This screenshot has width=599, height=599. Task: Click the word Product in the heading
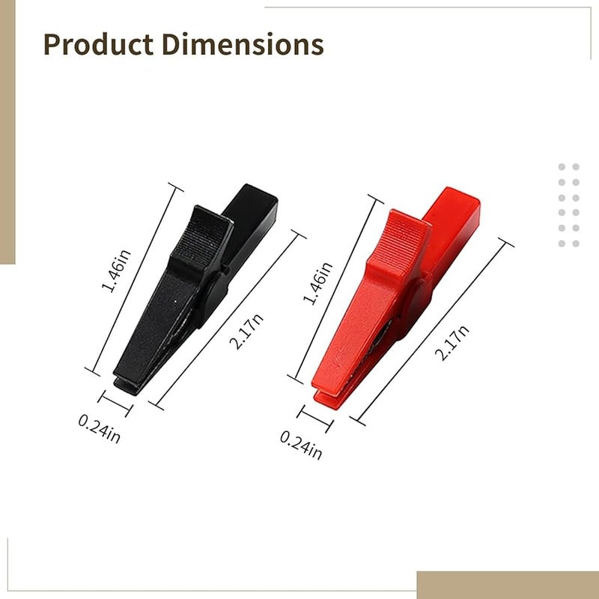[99, 44]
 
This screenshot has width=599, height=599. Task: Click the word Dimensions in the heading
[243, 44]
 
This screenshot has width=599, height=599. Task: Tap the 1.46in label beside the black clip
[116, 271]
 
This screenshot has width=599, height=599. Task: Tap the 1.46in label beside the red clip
[317, 284]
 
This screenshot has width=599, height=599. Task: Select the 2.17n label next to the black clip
[246, 331]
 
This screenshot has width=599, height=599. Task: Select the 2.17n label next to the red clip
[452, 343]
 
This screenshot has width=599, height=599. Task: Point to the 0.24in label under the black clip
[100, 428]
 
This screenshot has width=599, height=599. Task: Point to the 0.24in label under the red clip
[301, 445]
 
